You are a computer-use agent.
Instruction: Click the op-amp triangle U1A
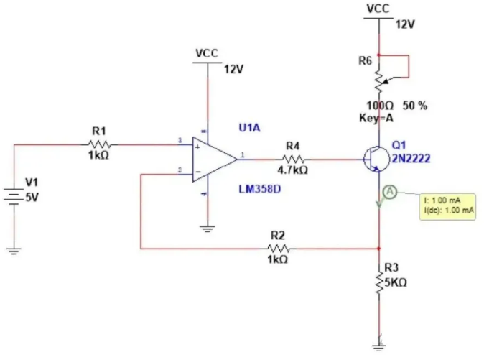coord(213,158)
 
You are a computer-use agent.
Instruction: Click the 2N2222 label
coord(411,158)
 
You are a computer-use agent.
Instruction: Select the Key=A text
coord(376,118)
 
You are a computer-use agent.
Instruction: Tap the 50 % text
coord(415,106)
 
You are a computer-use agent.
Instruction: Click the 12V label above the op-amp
coord(233,70)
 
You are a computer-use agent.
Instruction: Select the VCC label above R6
coord(378,9)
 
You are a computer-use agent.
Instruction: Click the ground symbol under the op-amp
coord(207,229)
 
